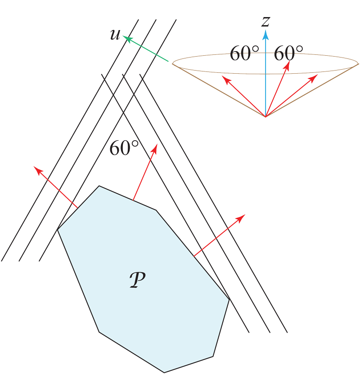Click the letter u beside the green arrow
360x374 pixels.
[115, 35]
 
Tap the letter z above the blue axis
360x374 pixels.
[265, 21]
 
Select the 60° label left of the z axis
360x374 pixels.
[244, 54]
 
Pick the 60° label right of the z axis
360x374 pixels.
[288, 54]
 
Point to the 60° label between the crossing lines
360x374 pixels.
[124, 149]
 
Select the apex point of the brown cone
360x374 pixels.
[265, 117]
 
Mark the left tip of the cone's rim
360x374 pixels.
[173, 64]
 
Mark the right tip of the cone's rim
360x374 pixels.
[359, 64]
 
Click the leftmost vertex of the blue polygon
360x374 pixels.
[57, 230]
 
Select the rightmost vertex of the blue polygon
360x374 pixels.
[229, 299]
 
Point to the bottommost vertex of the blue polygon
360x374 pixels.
[164, 372]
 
